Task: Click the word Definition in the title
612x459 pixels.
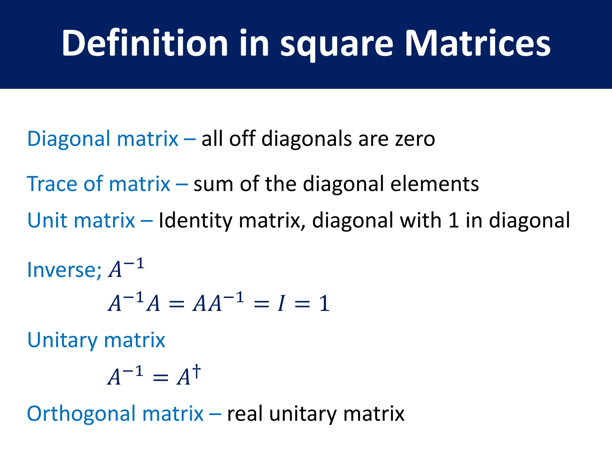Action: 145,43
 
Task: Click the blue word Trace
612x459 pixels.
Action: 52,184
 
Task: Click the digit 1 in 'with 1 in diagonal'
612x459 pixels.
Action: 453,221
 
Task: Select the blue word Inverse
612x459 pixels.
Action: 61,270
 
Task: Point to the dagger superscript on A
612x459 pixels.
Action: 196,371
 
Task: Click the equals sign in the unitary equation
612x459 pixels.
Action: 160,378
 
